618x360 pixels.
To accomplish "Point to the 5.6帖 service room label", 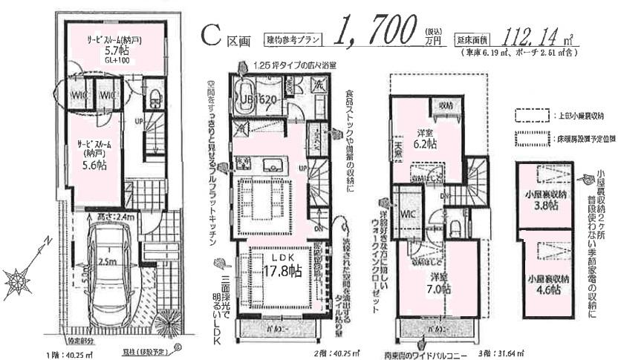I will coord(90,157).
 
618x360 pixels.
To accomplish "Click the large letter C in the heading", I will coord(211,33).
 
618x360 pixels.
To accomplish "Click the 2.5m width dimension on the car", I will coord(105,262).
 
